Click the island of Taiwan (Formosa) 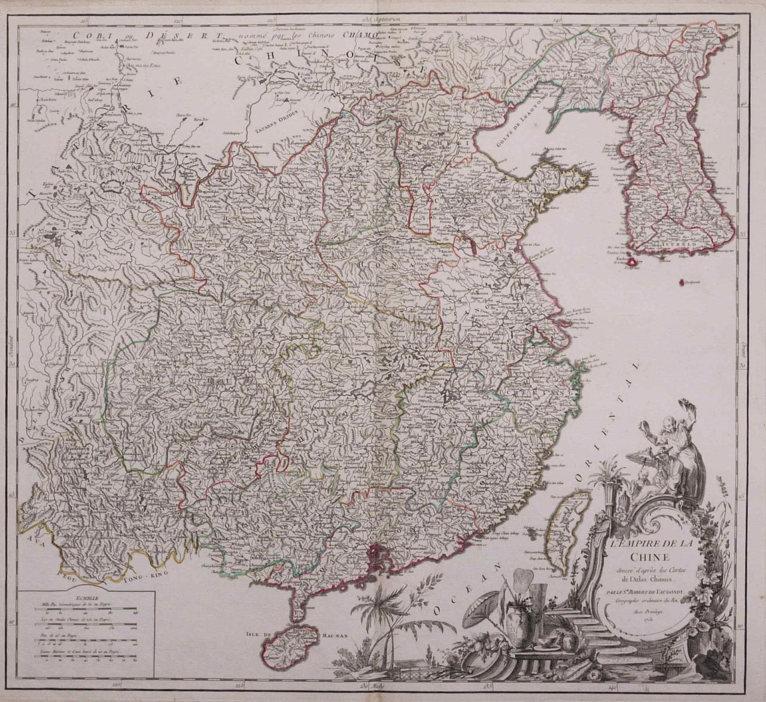pyautogui.click(x=566, y=527)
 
